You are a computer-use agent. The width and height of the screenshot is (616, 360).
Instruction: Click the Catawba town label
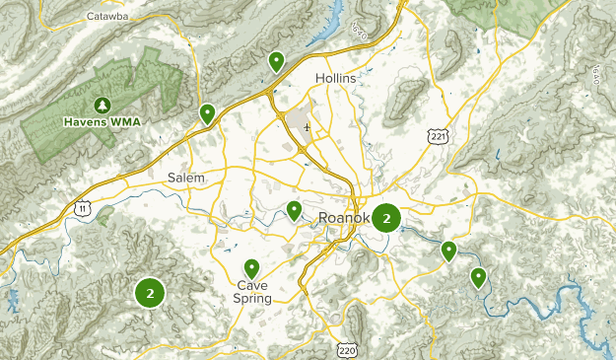pyautogui.click(x=106, y=17)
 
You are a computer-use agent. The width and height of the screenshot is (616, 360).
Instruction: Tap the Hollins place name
pyautogui.click(x=335, y=78)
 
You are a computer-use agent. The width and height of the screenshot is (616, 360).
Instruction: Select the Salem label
pyautogui.click(x=186, y=178)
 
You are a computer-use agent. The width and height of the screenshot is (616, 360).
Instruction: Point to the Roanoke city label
pyautogui.click(x=344, y=218)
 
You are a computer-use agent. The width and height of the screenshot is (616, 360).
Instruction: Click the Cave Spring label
pyautogui.click(x=251, y=292)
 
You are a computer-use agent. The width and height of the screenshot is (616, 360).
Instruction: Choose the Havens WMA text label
pyautogui.click(x=102, y=122)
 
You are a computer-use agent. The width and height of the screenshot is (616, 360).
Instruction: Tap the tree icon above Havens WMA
pyautogui.click(x=102, y=106)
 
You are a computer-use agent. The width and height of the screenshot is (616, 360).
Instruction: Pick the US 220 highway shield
pyautogui.click(x=347, y=349)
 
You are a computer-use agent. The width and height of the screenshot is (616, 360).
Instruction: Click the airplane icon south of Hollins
pyautogui.click(x=308, y=127)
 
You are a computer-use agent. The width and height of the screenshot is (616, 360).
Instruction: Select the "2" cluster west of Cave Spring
pyautogui.click(x=150, y=293)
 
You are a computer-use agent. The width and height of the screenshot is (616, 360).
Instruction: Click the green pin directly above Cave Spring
pyautogui.click(x=251, y=267)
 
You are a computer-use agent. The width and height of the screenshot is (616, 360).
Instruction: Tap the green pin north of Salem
pyautogui.click(x=207, y=113)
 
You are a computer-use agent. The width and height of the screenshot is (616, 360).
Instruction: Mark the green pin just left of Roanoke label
pyautogui.click(x=294, y=209)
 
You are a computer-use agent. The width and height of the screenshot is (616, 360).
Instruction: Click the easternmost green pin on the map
pyautogui.click(x=478, y=277)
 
